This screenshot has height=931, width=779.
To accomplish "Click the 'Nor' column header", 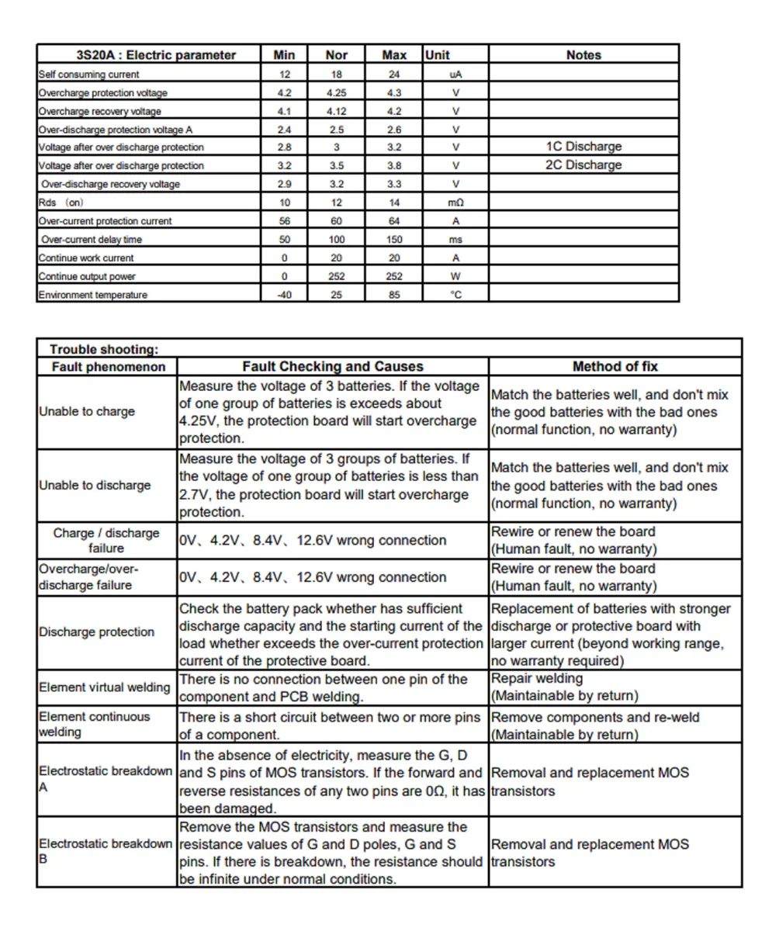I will (338, 55).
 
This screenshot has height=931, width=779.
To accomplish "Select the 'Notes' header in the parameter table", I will (583, 55).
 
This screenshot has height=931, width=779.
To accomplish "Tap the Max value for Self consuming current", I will (395, 74).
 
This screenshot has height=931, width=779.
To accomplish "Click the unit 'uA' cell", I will (456, 74).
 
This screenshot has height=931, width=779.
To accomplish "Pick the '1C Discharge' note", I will (583, 147).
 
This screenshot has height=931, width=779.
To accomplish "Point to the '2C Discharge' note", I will (583, 165).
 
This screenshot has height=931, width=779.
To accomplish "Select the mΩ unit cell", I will (456, 202).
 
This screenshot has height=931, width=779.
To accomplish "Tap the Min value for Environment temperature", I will (284, 295).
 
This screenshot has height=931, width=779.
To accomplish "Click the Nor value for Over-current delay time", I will (338, 240).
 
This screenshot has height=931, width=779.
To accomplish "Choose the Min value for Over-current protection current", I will (284, 221).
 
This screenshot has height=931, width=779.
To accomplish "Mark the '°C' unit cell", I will (456, 295).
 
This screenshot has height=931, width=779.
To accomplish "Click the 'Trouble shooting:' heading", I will (105, 349).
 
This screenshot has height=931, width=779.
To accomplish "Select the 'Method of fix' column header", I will (615, 367).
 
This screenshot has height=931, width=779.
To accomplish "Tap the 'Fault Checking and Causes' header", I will (333, 367).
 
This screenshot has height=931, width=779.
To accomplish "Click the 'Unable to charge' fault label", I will (87, 412).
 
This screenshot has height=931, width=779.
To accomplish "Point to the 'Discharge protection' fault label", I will (97, 632).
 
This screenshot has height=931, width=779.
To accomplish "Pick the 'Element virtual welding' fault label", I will (105, 688).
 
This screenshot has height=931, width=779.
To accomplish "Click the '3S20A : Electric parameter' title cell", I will (156, 55).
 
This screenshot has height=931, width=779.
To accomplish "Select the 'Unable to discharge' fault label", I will (95, 486).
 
